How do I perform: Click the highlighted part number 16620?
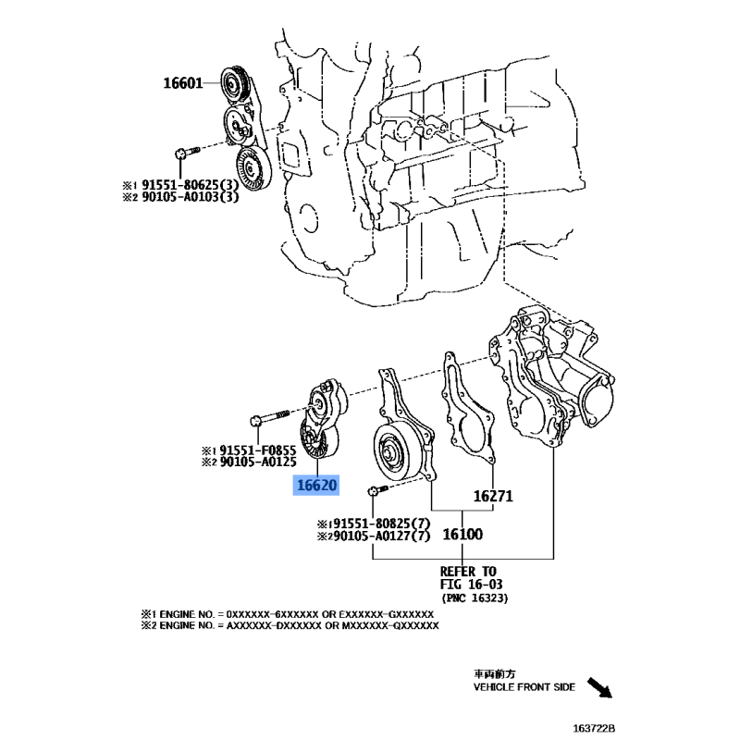pyautogui.click(x=316, y=485)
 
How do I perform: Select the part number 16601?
pyautogui.click(x=182, y=83)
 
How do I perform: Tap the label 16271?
pyautogui.click(x=493, y=496)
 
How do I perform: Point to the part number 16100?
pyautogui.click(x=462, y=535)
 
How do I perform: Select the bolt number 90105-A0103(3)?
pyautogui.click(x=191, y=197)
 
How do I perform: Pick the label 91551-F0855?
pyautogui.click(x=258, y=450)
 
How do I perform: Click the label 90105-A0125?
pyautogui.click(x=258, y=462)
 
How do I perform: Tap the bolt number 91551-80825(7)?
pyautogui.click(x=381, y=524)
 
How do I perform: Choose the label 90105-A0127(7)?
pyautogui.click(x=381, y=536)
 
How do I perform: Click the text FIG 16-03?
pyautogui.click(x=471, y=585)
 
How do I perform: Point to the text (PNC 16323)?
pyautogui.click(x=475, y=598)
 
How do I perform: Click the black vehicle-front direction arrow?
pyautogui.click(x=599, y=687)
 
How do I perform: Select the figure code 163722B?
pyautogui.click(x=594, y=728)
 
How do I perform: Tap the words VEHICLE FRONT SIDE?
pyautogui.click(x=524, y=687)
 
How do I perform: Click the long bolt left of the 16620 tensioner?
pyautogui.click(x=269, y=417)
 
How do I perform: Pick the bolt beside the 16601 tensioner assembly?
pyautogui.click(x=188, y=152)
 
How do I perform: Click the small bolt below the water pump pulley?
pyautogui.click(x=377, y=490)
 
